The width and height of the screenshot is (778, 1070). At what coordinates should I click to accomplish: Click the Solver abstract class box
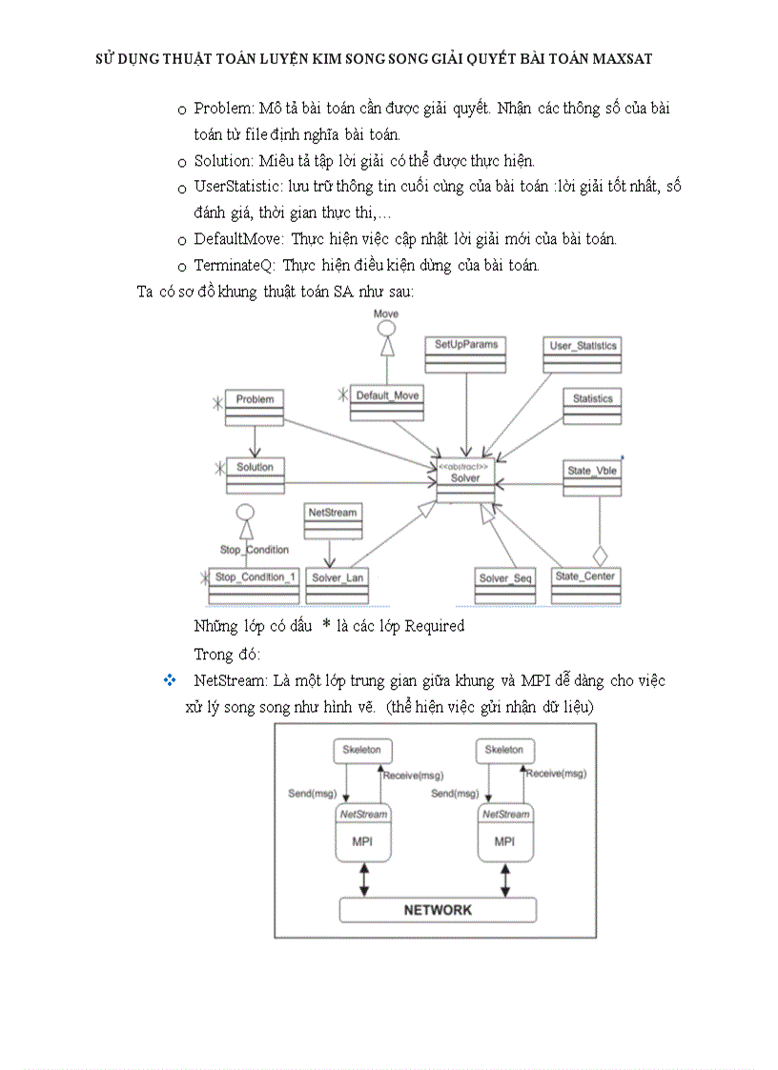pyautogui.click(x=466, y=479)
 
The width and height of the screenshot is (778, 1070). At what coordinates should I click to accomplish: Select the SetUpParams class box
pyautogui.click(x=466, y=352)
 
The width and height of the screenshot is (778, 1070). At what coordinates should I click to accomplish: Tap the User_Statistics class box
pyautogui.click(x=583, y=353)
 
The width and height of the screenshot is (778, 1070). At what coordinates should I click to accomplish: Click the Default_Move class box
pyautogui.click(x=386, y=401)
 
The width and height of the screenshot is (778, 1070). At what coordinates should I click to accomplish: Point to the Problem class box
pyautogui.click(x=255, y=406)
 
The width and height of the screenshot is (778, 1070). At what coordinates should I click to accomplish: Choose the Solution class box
pyautogui.click(x=255, y=474)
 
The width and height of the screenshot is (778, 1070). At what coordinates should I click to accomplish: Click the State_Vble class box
pyautogui.click(x=592, y=477)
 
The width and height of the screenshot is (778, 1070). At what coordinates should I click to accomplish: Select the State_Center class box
pyautogui.click(x=585, y=584)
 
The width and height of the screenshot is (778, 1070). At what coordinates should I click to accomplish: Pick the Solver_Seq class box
pyautogui.click(x=505, y=585)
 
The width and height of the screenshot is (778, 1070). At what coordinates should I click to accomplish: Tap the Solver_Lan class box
pyautogui.click(x=338, y=585)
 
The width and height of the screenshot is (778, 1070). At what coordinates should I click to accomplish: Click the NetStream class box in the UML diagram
pyautogui.click(x=332, y=519)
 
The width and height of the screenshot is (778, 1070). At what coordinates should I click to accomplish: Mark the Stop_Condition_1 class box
pyautogui.click(x=255, y=585)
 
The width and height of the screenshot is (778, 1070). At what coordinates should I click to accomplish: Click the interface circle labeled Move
pyautogui.click(x=386, y=329)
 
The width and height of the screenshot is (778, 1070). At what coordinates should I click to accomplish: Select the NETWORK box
pyautogui.click(x=438, y=910)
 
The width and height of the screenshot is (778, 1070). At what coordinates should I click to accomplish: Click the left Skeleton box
pyautogui.click(x=361, y=750)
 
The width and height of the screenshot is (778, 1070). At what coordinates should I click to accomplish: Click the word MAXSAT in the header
pyautogui.click(x=621, y=58)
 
